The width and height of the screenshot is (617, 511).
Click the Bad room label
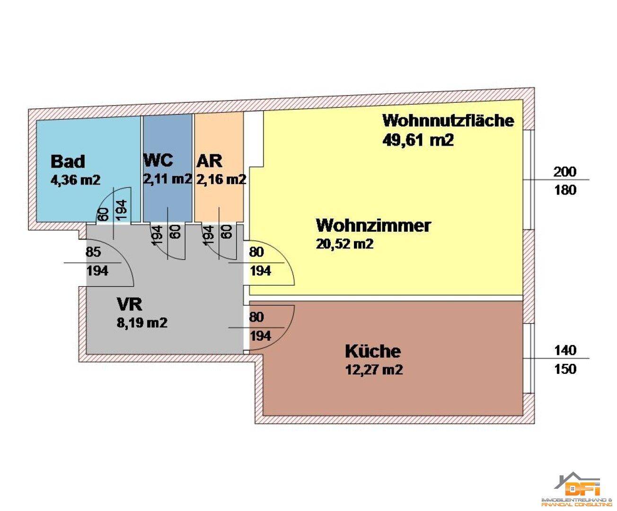click(x=68, y=161)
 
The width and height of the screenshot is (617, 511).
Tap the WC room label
click(x=158, y=160)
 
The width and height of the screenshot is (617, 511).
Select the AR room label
click(x=209, y=161)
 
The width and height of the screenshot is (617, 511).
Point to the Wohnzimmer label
click(x=373, y=225)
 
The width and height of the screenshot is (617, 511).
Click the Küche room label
click(x=373, y=352)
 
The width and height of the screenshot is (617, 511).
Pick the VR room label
click(x=129, y=303)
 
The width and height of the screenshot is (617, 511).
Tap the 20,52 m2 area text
click(x=345, y=244)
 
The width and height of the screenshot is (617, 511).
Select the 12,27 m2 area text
click(x=374, y=370)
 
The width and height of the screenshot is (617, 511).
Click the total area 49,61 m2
click(x=418, y=140)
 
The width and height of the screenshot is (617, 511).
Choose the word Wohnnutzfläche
click(x=448, y=120)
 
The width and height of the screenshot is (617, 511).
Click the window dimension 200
click(x=565, y=171)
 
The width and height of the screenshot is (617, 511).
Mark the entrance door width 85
click(x=93, y=252)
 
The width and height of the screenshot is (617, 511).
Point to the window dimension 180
click(x=565, y=190)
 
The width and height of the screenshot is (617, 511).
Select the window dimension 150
click(x=565, y=369)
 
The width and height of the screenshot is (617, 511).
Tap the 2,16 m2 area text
click(x=221, y=179)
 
